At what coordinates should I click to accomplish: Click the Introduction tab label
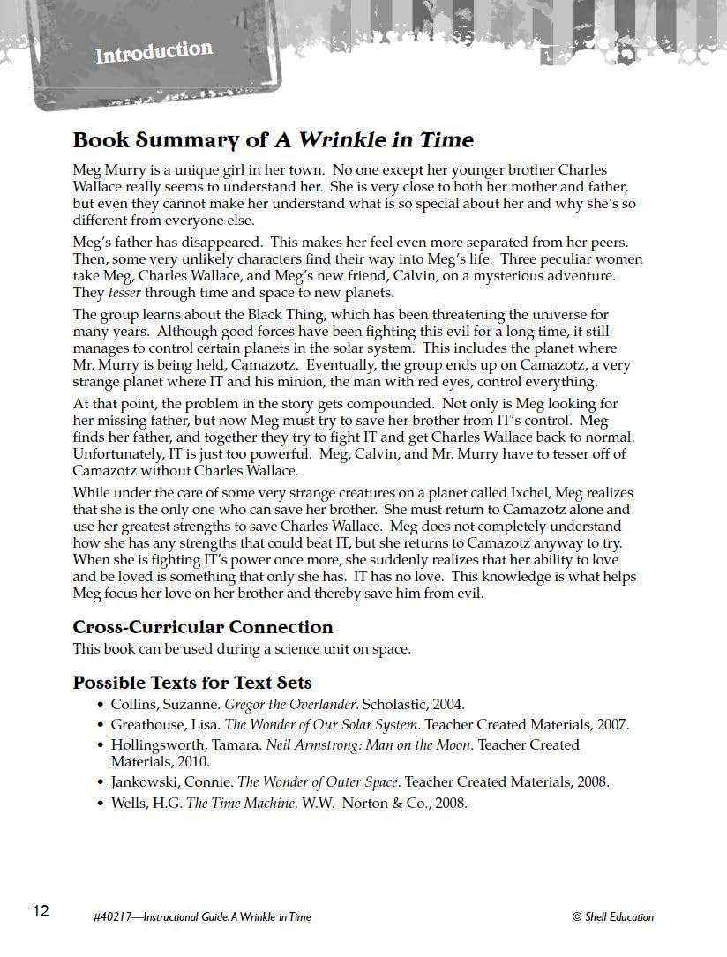tap(154, 52)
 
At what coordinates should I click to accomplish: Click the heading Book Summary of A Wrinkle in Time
tap(273, 140)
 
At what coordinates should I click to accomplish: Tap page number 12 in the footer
tap(41, 911)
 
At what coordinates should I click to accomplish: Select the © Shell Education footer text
tap(612, 917)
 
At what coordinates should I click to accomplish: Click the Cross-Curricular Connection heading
tap(202, 627)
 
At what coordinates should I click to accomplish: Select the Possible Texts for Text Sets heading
tap(191, 683)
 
